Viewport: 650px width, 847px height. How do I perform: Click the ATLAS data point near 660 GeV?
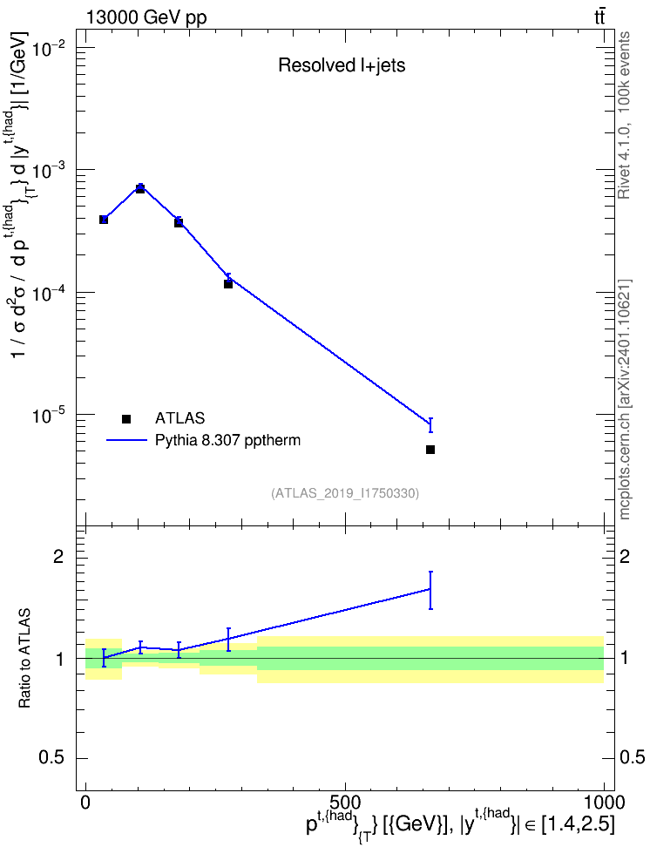(430, 450)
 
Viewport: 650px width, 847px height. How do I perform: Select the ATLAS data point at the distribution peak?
(140, 188)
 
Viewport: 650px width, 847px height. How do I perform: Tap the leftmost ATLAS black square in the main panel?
(104, 220)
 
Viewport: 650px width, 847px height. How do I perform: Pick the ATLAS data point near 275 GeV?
(228, 284)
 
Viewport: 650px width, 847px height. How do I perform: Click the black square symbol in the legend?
(126, 418)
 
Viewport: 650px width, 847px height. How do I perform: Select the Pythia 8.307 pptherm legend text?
(227, 441)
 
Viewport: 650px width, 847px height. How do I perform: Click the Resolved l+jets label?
(342, 65)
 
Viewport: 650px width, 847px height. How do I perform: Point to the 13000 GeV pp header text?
(146, 17)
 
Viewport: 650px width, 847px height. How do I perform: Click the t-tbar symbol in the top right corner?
(599, 17)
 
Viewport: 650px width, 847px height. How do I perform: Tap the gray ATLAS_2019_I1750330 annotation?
(345, 493)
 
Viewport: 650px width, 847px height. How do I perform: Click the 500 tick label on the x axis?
(345, 802)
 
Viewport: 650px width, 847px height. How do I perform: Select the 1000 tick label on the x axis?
(603, 802)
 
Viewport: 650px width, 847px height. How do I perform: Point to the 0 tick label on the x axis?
(85, 802)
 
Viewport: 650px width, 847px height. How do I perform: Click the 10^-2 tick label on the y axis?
(49, 48)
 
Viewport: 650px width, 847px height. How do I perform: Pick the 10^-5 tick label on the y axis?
(49, 416)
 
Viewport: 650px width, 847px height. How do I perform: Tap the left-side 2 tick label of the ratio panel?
(58, 556)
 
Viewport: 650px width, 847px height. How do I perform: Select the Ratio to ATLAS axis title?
(24, 659)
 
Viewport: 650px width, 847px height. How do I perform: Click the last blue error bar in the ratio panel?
(430, 590)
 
